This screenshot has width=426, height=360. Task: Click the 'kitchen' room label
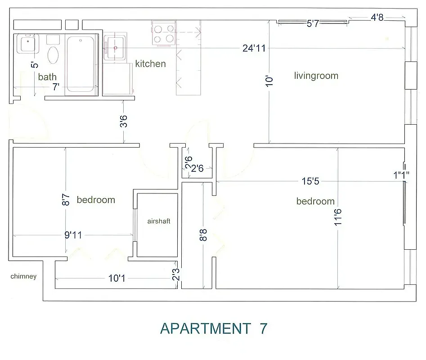(150, 64)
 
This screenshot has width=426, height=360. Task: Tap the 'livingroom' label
(316, 76)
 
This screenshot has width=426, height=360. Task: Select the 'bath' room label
(47, 77)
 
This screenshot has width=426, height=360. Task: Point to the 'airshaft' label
(159, 221)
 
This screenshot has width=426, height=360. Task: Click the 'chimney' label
(23, 277)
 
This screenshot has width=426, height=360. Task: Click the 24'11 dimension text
(254, 48)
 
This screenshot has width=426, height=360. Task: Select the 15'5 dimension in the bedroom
(310, 181)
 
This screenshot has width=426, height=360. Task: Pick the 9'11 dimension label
(74, 235)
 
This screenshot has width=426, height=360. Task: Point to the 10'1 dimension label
(117, 279)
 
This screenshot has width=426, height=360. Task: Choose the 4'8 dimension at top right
(377, 18)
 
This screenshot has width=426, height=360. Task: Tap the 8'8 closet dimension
(203, 235)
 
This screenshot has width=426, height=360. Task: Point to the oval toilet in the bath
(53, 55)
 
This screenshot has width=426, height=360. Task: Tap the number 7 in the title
(263, 328)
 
